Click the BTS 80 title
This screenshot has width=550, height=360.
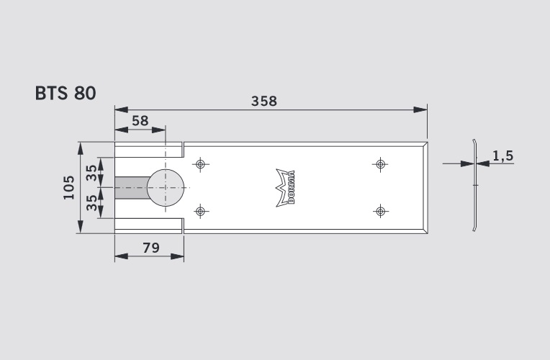click(66, 94)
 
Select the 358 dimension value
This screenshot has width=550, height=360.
click(264, 101)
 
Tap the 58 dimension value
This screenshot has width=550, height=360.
click(140, 121)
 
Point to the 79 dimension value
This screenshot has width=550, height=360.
click(151, 248)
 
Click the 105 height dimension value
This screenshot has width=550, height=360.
click(69, 187)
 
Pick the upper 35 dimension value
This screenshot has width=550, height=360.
click(92, 173)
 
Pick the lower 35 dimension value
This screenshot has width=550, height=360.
click(92, 202)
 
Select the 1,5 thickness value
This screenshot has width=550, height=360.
click(503, 156)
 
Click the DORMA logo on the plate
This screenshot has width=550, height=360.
click(286, 187)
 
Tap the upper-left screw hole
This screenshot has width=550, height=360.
click(200, 164)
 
